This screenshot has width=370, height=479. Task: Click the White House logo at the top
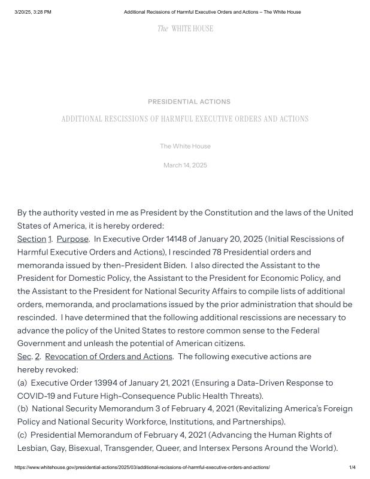185,29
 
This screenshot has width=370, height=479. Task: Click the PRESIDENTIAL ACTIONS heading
189,102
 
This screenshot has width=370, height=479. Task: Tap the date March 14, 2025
185,165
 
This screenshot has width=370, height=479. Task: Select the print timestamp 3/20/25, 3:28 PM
33,12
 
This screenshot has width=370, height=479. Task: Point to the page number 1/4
352,467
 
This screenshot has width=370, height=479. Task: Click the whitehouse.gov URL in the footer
142,467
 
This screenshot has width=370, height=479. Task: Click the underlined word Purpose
72,239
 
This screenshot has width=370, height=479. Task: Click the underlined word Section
31,239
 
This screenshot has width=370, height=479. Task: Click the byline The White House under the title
185,146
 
